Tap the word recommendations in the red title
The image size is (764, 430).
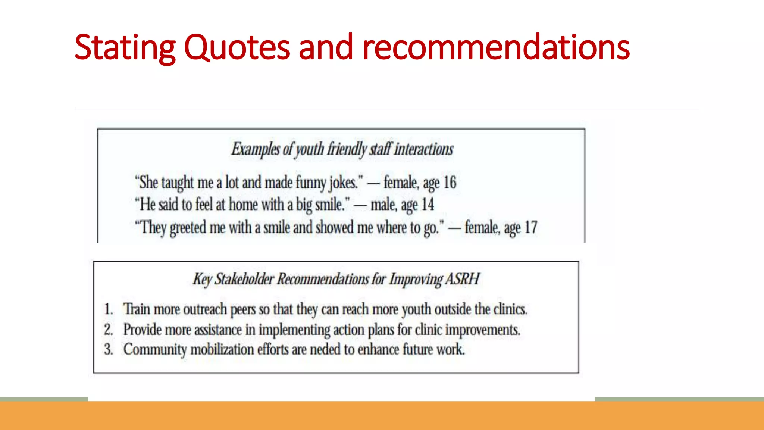(496, 47)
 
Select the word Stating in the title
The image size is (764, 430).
(125, 48)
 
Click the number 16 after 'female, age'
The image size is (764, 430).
(450, 183)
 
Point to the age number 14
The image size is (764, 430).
(428, 205)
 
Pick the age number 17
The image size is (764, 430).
(531, 227)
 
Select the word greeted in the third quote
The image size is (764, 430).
(188, 227)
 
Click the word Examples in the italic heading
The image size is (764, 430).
(255, 149)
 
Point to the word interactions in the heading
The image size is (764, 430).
(424, 149)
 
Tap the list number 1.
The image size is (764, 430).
(108, 309)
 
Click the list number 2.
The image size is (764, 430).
(108, 330)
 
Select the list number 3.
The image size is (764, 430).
(108, 349)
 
